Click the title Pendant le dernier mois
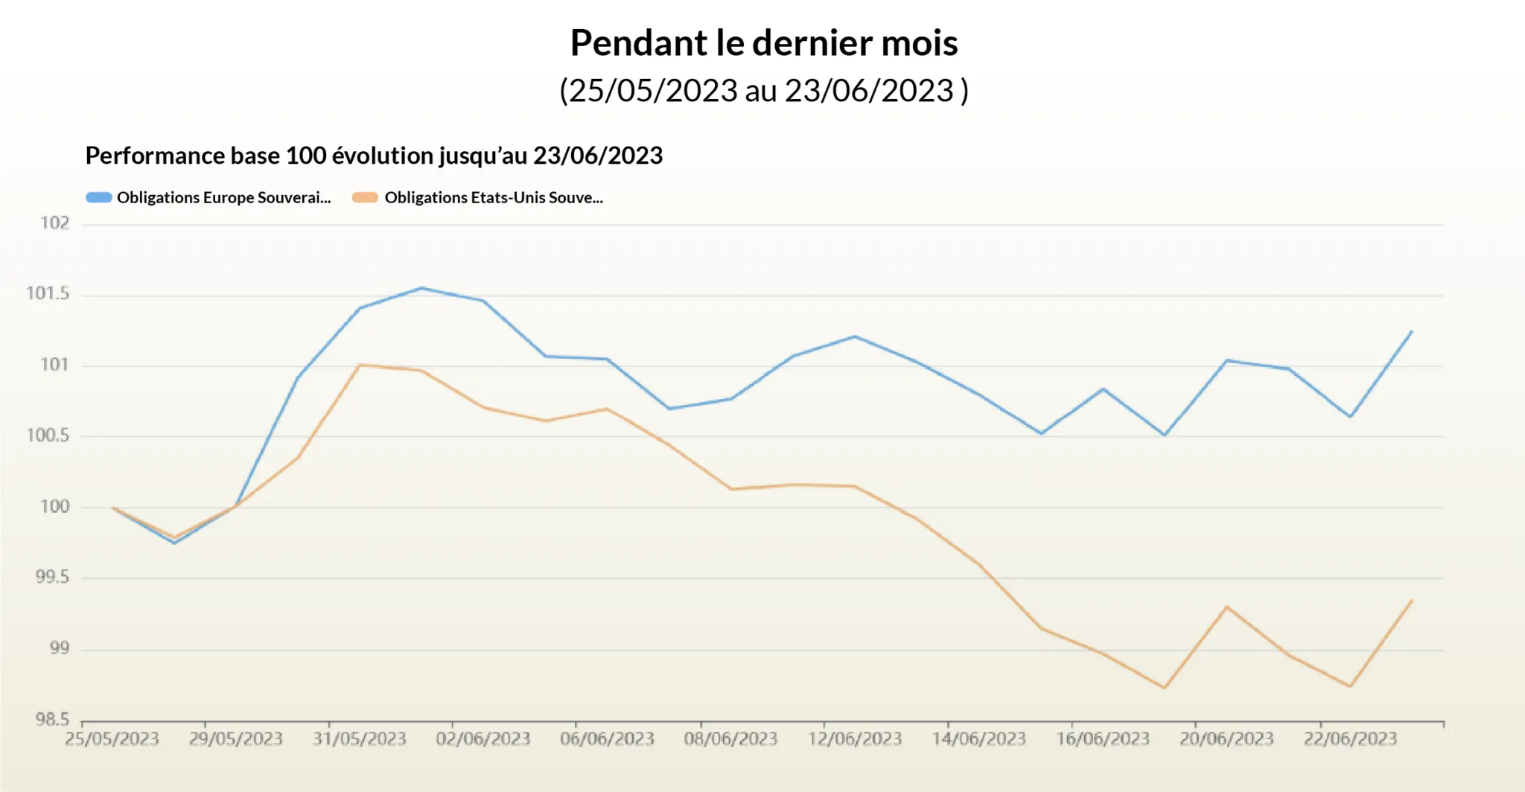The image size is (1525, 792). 763,42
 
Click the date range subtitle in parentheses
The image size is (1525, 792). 763,91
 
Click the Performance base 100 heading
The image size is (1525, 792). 374,156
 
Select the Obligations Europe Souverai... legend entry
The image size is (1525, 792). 223,198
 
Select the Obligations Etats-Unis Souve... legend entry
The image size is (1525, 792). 493,198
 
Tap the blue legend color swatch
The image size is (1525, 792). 99,198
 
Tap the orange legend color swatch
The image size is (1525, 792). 365,198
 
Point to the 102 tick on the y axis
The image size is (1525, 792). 54,223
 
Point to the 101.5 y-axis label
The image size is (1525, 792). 48,293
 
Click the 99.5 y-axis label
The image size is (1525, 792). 52,578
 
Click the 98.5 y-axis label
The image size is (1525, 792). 52,720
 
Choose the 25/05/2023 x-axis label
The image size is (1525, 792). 112,739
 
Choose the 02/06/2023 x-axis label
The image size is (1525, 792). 483,739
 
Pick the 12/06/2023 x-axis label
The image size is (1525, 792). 855,739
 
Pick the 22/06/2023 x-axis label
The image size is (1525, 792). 1350,739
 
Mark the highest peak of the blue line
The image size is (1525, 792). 421,288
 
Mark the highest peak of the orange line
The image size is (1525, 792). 360,365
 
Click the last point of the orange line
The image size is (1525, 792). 1411,601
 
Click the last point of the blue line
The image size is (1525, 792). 1411,331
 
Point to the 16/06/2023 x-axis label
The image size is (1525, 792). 1103,739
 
